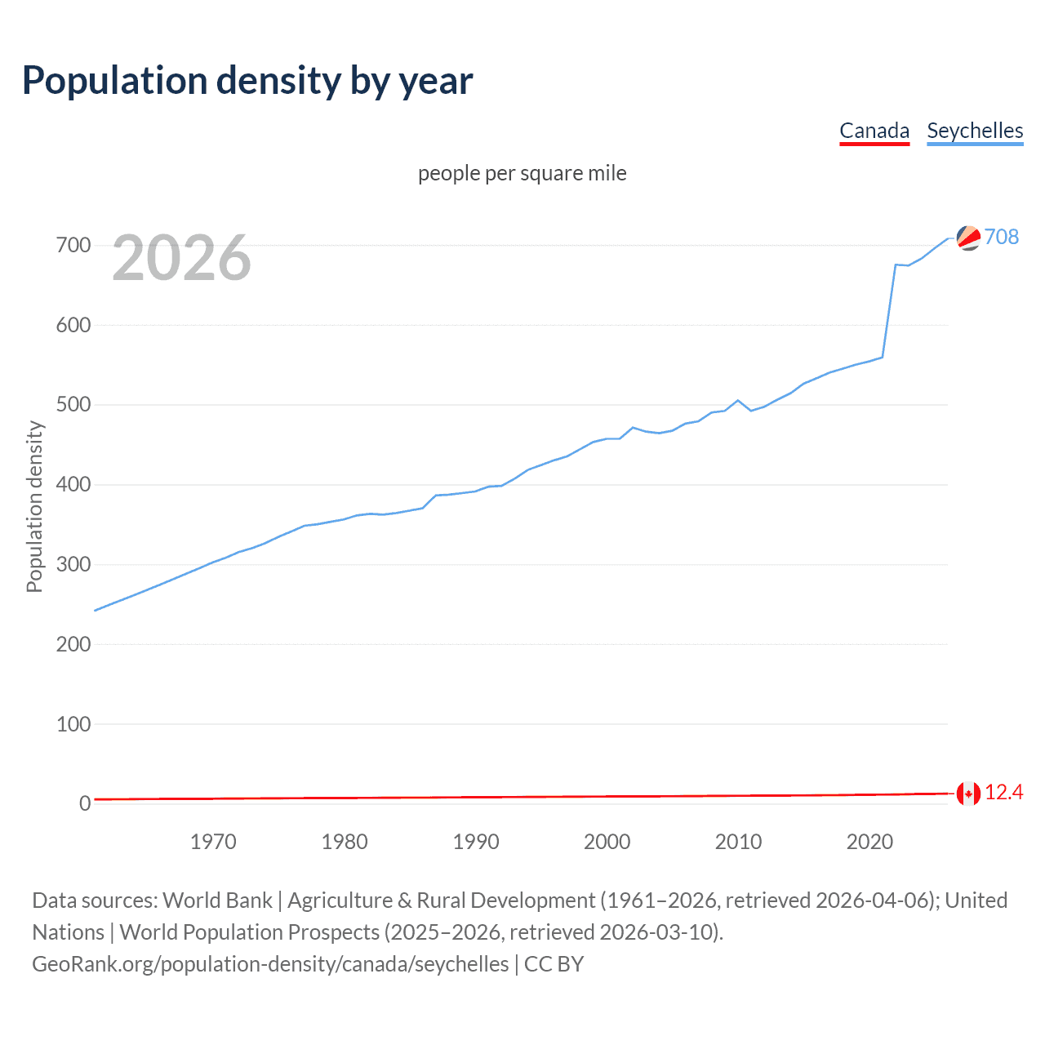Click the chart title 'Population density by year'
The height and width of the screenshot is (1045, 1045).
pyautogui.click(x=247, y=81)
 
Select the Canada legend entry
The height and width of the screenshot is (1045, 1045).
pyautogui.click(x=874, y=131)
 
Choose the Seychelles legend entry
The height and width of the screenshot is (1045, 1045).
pyautogui.click(x=975, y=131)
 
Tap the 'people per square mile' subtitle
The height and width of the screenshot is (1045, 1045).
pyautogui.click(x=522, y=173)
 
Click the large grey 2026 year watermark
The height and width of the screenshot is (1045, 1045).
pyautogui.click(x=181, y=258)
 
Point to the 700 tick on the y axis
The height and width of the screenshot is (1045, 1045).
pyautogui.click(x=73, y=245)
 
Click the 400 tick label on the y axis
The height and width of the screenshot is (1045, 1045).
pyautogui.click(x=73, y=485)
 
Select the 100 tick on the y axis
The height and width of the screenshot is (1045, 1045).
pyautogui.click(x=73, y=724)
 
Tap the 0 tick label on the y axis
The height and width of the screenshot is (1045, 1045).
pyautogui.click(x=85, y=804)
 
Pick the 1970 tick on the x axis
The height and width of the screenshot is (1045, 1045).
pyautogui.click(x=213, y=842)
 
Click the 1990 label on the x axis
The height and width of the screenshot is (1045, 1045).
pyautogui.click(x=476, y=842)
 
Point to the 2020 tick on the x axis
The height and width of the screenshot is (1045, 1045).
pyautogui.click(x=869, y=842)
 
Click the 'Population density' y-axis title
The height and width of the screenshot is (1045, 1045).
pyautogui.click(x=34, y=506)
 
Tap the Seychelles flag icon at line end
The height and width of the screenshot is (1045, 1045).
pyautogui.click(x=968, y=238)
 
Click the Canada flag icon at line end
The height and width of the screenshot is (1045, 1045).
pyautogui.click(x=968, y=793)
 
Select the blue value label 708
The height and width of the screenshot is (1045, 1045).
pyautogui.click(x=1002, y=237)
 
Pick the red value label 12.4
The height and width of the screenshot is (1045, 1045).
pyautogui.click(x=1003, y=793)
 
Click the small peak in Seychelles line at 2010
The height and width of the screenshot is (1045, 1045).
pyautogui.click(x=738, y=400)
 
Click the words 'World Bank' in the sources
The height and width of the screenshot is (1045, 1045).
pyautogui.click(x=217, y=900)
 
